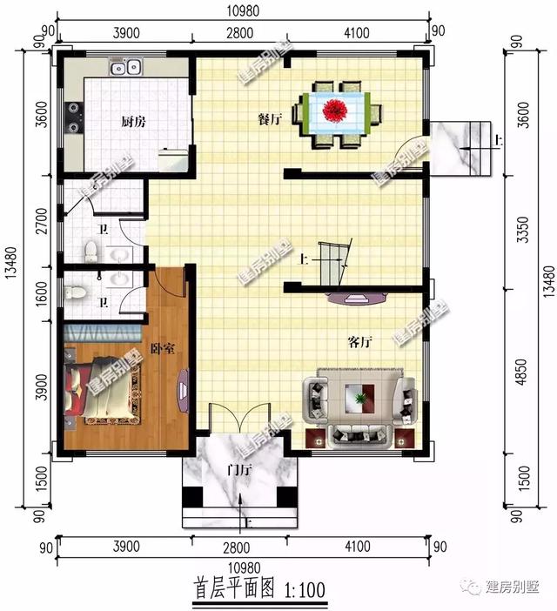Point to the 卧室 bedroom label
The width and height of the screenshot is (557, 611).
tap(163, 348)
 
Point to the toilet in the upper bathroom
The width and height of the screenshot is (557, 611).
tap(90, 251)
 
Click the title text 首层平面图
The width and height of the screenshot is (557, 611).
tap(232, 589)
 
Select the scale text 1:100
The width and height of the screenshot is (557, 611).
tap(305, 590)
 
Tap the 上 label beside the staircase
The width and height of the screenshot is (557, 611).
tap(304, 258)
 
